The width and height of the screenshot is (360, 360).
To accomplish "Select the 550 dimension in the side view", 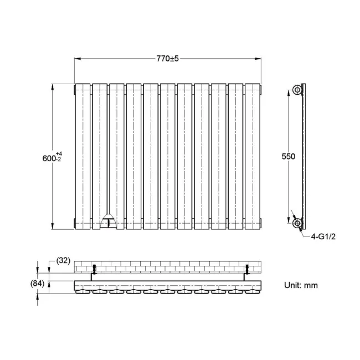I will click(x=288, y=156).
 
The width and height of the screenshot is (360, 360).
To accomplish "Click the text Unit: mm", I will click(x=301, y=285).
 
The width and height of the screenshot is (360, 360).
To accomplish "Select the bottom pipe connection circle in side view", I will click(x=298, y=224).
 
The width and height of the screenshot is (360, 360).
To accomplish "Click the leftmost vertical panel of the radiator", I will click(x=83, y=156).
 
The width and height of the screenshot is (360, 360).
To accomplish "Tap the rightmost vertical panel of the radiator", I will click(x=253, y=156).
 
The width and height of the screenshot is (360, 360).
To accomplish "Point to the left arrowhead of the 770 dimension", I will click(x=78, y=58).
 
